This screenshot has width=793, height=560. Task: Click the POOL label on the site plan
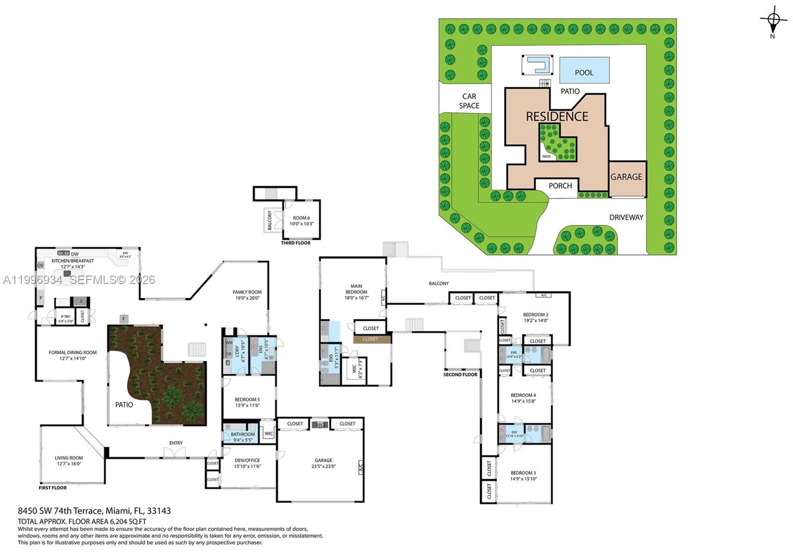(584, 72)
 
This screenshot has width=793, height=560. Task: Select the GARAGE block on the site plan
(626, 177)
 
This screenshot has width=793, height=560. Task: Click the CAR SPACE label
(469, 101)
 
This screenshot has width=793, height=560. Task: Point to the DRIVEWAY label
(626, 217)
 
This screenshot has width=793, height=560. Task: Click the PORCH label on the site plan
(560, 186)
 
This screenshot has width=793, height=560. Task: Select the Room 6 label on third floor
(301, 221)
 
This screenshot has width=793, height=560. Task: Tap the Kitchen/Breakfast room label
(73, 263)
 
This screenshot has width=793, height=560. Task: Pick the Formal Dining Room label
(72, 355)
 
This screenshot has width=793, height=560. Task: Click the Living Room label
(68, 461)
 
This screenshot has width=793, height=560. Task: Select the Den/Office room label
(247, 463)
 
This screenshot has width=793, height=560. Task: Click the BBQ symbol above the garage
(320, 425)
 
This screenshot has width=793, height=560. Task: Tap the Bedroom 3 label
(523, 476)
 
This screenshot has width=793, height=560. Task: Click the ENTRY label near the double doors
(175, 443)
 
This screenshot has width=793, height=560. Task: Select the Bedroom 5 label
(247, 402)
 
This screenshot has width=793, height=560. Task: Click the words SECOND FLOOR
(460, 375)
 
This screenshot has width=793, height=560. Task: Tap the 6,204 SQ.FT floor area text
(124, 521)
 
